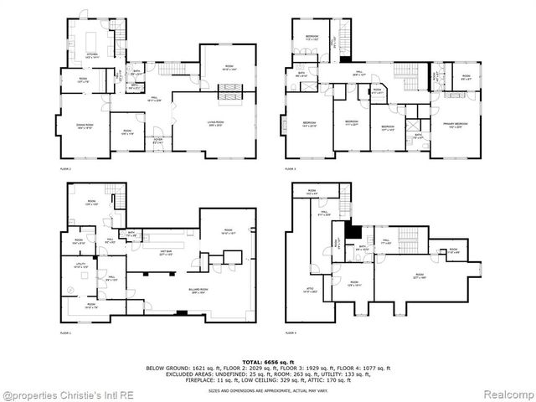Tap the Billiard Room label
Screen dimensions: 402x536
tap(198, 292)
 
